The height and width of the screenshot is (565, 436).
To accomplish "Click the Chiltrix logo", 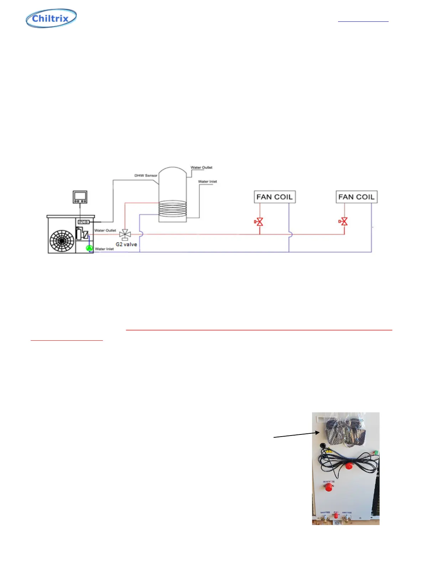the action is pos(51,18).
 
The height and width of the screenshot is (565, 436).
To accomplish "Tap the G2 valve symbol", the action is pos(125,234).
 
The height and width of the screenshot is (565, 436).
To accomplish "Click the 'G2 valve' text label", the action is pos(126,244).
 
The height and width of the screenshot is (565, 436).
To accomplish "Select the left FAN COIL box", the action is pos(275,197).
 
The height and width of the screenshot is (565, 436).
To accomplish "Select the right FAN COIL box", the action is pos(357,197).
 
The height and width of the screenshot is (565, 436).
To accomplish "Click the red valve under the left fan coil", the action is pos(259,222).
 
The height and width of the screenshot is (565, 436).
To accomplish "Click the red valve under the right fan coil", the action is pos(344,222).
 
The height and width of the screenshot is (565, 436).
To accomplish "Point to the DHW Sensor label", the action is pos(146,175).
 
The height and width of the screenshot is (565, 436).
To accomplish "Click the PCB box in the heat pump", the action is pos(83,222).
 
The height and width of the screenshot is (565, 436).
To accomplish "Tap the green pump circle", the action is pos(89,248).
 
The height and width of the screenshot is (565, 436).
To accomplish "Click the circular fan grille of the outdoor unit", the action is pos(62,241).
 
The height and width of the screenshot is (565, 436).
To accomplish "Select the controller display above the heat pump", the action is pos(80,197).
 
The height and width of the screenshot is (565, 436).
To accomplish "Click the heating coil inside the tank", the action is pos(172,208).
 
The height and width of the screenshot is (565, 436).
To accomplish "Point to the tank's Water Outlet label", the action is pos(202,167).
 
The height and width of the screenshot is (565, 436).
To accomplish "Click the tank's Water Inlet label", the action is pos(207,182).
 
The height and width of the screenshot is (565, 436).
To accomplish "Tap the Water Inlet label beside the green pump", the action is pos(104,249).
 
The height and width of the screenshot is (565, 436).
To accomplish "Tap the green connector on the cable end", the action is pos(375,453).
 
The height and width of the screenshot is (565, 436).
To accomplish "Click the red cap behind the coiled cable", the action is pos(349,466).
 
